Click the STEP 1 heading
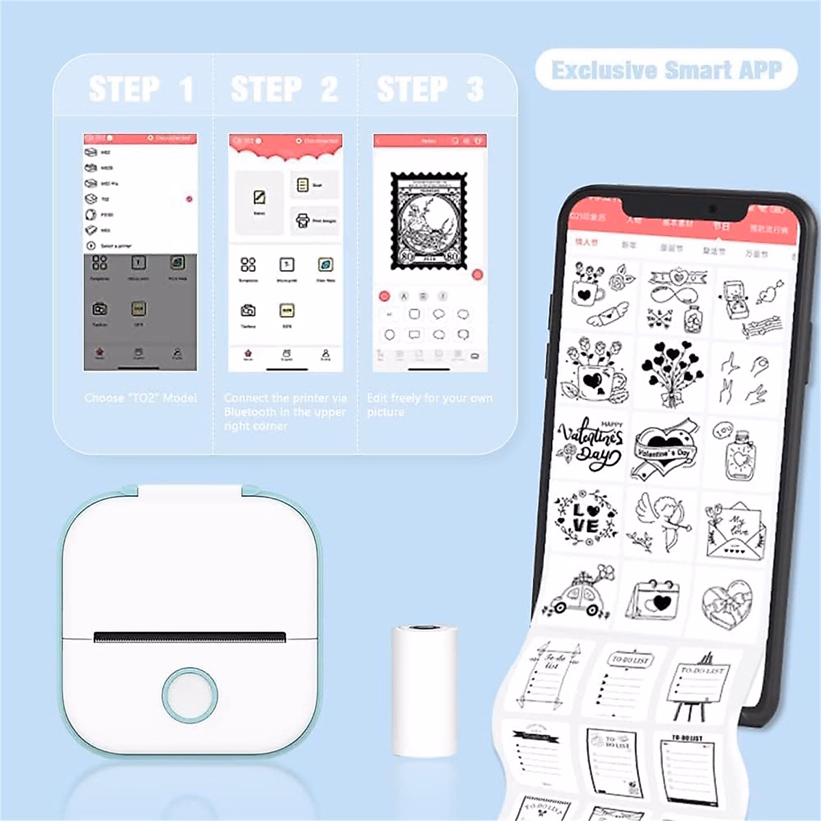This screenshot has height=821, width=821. (141, 89)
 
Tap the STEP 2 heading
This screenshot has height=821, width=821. (285, 89)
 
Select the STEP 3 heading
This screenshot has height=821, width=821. (430, 89)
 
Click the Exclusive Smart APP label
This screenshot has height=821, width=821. (666, 70)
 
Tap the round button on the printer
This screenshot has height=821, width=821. (190, 694)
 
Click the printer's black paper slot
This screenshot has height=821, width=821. (190, 638)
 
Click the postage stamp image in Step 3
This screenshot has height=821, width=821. (429, 220)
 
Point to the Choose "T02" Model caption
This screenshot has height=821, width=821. (140, 398)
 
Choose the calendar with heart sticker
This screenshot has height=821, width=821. (655, 600)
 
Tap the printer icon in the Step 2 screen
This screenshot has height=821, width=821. (302, 220)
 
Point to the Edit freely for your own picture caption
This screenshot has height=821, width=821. (429, 404)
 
